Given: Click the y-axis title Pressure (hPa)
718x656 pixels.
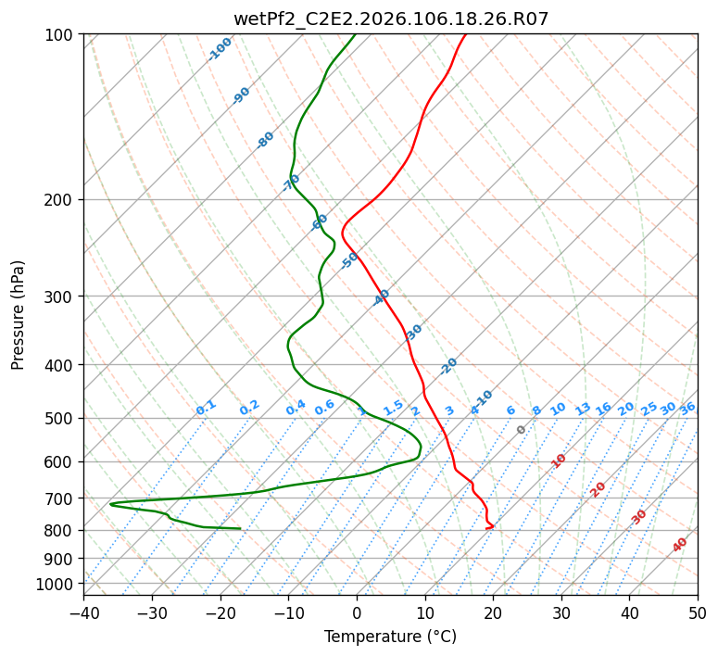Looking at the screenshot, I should tap(18, 314).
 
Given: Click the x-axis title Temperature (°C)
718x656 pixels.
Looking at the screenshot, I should tap(390, 637).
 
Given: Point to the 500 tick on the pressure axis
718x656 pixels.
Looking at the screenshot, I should tap(60, 418).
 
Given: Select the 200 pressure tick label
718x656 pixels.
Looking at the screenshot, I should tap(60, 199).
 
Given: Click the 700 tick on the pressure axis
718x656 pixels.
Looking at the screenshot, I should tap(60, 498).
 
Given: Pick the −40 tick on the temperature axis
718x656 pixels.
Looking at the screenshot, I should tap(83, 612).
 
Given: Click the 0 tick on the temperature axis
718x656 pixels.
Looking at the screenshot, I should tap(357, 612).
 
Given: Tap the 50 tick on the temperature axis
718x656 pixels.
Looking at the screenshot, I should tap(698, 612).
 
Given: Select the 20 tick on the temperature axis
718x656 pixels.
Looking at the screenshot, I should tap(493, 612).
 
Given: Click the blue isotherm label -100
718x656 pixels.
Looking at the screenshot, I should tap(220, 49).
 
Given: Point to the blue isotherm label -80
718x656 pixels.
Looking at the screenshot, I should tap(266, 140).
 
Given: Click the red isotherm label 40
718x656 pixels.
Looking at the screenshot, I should tap(680, 546).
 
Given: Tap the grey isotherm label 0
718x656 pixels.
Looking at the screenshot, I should tap(522, 430).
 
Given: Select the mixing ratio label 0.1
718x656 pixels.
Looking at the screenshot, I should tap(206, 408).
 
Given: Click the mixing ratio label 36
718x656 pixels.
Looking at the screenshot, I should tap(687, 408).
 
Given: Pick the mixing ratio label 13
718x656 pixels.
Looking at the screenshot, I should tap(583, 409).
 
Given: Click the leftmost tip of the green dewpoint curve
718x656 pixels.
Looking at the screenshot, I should tap(110, 504).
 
